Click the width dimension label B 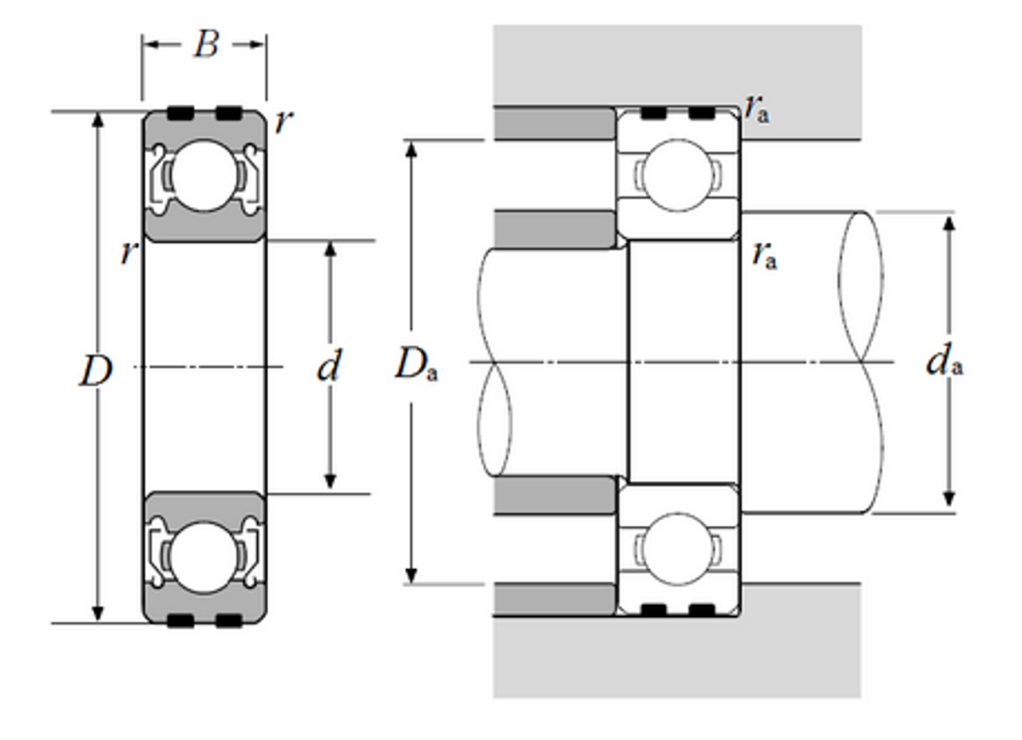point(205,45)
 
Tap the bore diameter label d point(329,368)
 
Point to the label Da point(416,366)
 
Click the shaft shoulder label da point(944,363)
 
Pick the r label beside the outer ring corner point(282,121)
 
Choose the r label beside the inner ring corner point(128,253)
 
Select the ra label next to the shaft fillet point(764,255)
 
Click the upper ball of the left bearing point(204,176)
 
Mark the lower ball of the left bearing point(204,558)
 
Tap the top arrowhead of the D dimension point(97,119)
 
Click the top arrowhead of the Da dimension point(411,149)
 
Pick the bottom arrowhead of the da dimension point(949,499)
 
